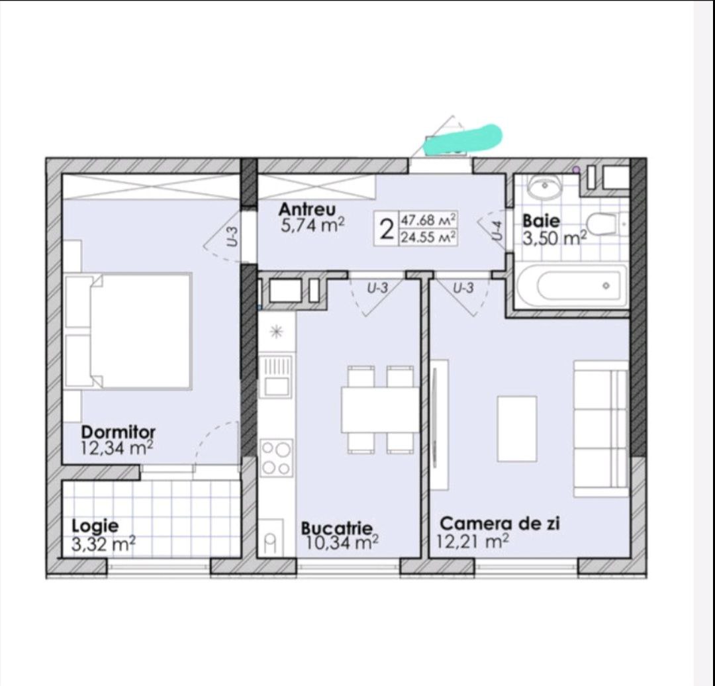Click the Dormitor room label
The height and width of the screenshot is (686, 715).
118,432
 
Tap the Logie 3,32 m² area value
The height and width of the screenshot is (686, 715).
103,544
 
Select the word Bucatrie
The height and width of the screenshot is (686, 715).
336,528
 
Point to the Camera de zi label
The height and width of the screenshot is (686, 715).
500,523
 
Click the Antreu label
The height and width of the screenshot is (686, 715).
307,209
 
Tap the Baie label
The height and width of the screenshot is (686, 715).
541,221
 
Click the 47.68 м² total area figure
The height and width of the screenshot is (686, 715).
428,220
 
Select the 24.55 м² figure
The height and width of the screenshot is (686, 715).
428,237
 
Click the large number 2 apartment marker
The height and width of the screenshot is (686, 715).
387,229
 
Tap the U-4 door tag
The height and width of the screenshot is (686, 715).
497,230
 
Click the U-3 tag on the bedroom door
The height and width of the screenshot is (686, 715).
232,237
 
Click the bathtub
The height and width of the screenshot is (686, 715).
571,286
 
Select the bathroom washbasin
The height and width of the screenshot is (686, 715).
544,187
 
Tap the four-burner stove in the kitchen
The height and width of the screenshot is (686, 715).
276,458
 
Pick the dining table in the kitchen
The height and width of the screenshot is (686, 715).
380,409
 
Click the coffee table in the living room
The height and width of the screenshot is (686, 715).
516,429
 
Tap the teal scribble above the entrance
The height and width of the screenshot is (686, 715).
463,138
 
